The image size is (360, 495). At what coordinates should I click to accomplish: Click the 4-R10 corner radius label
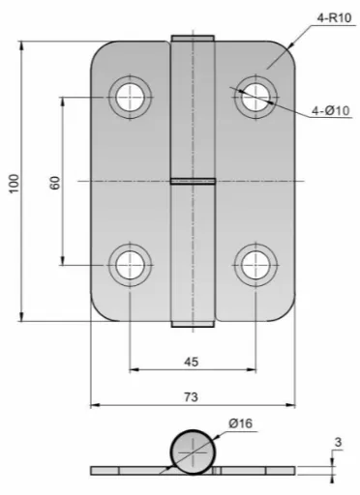point(334,17)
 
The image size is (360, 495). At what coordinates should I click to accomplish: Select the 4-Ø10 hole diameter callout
point(330,110)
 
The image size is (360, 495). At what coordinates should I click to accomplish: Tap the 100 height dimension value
point(14,183)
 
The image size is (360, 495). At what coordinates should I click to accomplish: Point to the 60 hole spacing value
point(55,183)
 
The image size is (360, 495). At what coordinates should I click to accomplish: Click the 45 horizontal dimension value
point(191,362)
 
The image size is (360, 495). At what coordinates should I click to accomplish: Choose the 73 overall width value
point(191,396)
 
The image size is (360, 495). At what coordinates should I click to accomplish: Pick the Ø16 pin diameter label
point(240,422)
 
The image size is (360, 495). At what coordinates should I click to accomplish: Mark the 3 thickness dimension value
point(338,442)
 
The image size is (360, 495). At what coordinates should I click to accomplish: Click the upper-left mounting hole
point(130,97)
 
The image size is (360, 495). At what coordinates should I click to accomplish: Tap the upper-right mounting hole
point(255,97)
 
